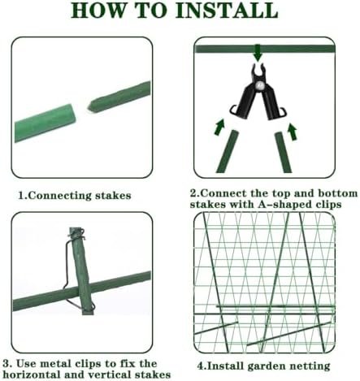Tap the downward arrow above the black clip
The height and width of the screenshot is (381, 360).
(x=258, y=53)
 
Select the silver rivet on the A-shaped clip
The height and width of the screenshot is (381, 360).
(x=260, y=87)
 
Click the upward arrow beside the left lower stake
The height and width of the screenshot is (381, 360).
(x=219, y=127)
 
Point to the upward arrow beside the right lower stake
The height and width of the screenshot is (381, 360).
(x=293, y=132)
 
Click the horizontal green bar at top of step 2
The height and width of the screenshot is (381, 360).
(x=265, y=49)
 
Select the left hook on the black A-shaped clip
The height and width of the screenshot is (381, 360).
(x=233, y=110)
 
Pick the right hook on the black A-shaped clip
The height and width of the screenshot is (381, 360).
(x=283, y=111)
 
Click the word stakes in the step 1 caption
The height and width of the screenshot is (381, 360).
(x=113, y=196)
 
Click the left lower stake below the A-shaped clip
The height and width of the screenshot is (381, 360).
(x=228, y=152)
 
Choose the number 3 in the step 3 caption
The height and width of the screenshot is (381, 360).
(x=6, y=363)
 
